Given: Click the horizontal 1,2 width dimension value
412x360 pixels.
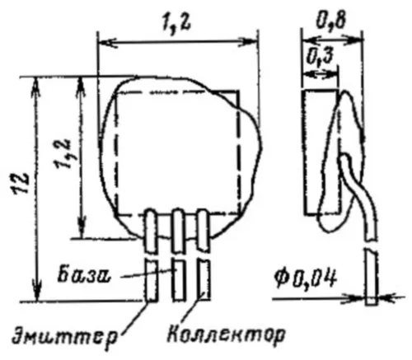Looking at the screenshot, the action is click(x=176, y=25).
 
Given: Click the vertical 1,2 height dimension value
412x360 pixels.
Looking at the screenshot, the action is click(x=63, y=155).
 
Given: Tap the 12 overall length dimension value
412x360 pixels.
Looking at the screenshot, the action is click(x=21, y=184).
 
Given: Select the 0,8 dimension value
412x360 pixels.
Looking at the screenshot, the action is click(x=330, y=20).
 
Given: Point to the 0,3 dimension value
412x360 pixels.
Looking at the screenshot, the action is click(x=319, y=58).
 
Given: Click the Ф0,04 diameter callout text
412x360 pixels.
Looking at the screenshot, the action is click(x=305, y=279).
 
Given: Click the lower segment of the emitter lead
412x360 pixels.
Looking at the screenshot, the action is click(x=152, y=280).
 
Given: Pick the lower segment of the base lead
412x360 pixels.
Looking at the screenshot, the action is click(x=178, y=279).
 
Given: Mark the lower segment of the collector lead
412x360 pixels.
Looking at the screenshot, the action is click(x=204, y=279).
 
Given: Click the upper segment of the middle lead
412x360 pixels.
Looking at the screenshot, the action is click(x=177, y=231).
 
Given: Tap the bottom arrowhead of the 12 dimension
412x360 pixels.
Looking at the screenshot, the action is click(x=37, y=292).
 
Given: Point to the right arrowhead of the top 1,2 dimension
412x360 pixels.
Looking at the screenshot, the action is click(x=248, y=42).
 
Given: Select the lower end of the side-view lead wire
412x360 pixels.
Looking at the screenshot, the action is click(x=371, y=304).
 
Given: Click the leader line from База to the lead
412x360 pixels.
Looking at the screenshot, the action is click(x=148, y=274).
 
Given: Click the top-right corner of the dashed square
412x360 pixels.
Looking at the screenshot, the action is click(x=238, y=91).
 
